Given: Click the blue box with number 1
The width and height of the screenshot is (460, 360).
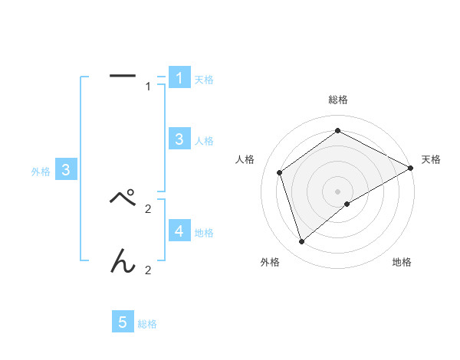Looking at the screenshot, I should (x=179, y=77).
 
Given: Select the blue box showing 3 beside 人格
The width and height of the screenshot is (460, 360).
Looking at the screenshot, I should (x=179, y=139).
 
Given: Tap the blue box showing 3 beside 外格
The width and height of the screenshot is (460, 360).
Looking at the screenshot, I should (x=66, y=170).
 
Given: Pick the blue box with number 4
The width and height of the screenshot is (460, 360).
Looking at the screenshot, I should (x=179, y=231).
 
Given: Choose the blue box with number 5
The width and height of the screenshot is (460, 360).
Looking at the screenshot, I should (x=123, y=322).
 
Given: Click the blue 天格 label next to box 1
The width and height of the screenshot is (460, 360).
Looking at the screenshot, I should (x=204, y=80).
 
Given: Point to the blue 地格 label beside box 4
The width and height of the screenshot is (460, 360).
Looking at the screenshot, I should (x=204, y=233).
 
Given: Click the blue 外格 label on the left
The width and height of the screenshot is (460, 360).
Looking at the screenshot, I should (x=41, y=172).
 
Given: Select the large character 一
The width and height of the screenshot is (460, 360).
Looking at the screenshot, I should (x=123, y=75).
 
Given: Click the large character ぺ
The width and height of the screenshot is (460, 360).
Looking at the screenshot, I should (x=123, y=198).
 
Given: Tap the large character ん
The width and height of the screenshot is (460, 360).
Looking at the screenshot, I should (x=123, y=260).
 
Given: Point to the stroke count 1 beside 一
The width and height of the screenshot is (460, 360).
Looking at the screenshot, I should (x=148, y=87).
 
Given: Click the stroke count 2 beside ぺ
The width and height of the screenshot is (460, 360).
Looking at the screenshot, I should (x=148, y=208).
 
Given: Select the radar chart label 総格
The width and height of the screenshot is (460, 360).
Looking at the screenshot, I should (x=338, y=100).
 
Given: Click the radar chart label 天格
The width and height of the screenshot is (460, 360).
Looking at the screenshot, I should (x=431, y=159).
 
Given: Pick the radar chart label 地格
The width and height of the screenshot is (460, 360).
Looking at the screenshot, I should (x=402, y=263).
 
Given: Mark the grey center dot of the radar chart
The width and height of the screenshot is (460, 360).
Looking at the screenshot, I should (x=338, y=191).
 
